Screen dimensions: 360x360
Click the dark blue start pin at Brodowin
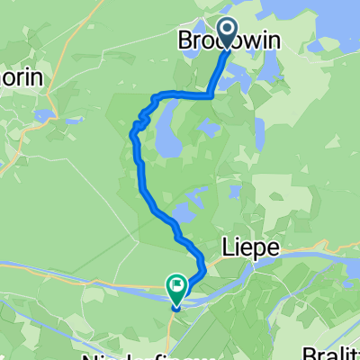(x=226, y=33)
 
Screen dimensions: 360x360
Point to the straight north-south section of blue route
(x=139, y=166)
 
